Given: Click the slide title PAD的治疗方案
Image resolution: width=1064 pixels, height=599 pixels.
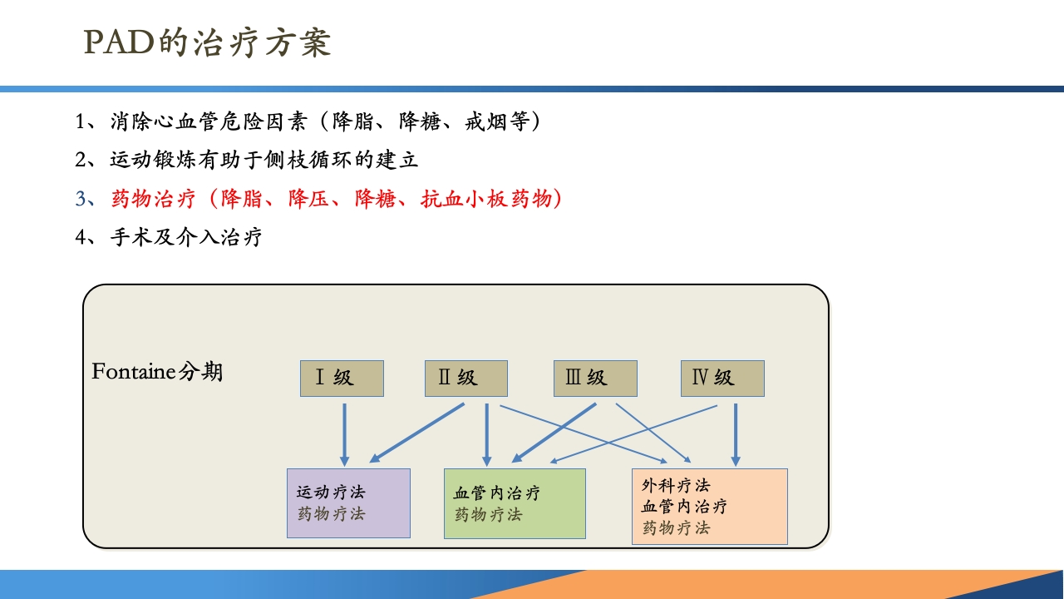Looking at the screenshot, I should click(x=208, y=43).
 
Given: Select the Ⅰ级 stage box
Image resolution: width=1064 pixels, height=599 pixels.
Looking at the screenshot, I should click(x=342, y=379).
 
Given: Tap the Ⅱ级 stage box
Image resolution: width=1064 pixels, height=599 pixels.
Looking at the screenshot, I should click(x=465, y=379).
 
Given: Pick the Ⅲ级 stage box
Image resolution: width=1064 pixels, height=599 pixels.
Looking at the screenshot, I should click(x=595, y=379).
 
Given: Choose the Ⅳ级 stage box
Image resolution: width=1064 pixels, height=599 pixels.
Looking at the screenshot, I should click(x=722, y=379).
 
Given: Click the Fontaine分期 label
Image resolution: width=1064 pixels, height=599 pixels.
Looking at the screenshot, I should click(x=157, y=371).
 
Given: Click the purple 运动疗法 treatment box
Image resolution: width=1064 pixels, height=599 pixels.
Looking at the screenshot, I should click(x=348, y=502).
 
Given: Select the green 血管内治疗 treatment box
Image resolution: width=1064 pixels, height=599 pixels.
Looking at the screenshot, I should click(x=515, y=503).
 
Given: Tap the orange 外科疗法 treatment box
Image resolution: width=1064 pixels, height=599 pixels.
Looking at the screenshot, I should click(x=709, y=506).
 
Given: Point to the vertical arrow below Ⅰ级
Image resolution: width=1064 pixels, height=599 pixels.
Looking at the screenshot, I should click(x=344, y=433).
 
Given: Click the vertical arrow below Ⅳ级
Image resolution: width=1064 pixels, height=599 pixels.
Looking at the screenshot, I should click(x=735, y=433).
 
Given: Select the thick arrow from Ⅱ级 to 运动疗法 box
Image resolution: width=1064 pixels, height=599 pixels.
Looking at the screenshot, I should click(x=417, y=433).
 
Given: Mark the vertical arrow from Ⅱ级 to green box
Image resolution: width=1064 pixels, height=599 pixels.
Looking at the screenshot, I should click(x=487, y=433).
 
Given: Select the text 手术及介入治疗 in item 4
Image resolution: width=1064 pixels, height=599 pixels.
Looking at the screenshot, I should click(x=186, y=237).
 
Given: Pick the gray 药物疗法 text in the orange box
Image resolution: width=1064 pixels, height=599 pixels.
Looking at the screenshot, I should click(x=676, y=527).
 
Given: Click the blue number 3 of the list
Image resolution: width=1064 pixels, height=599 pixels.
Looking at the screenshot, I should click(x=81, y=200).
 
